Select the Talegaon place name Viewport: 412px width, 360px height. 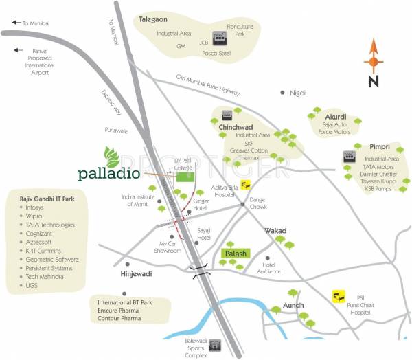pyautogui.click(x=158, y=21)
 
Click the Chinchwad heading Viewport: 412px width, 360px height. pyautogui.click(x=238, y=127)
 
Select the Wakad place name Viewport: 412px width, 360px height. pyautogui.click(x=275, y=231)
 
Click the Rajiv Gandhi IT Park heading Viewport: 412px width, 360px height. pyautogui.click(x=47, y=197)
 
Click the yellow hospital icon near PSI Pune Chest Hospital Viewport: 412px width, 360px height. pyautogui.click(x=337, y=296)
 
